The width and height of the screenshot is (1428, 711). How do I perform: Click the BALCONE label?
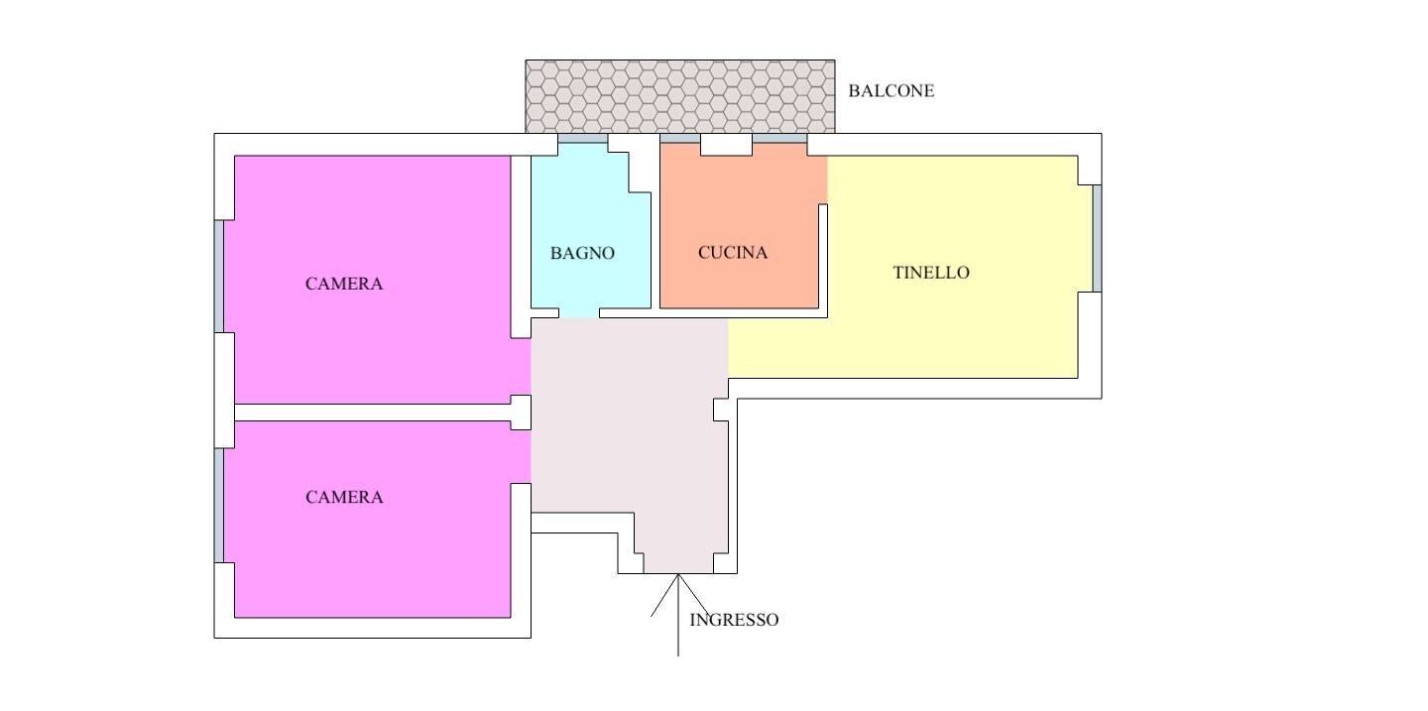tap(892, 91)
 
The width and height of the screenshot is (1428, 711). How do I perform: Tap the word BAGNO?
tap(582, 253)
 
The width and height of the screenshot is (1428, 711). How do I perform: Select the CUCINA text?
tap(733, 253)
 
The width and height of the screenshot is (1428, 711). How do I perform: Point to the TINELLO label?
tap(931, 273)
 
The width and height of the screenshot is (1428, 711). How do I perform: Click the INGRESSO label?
tap(734, 620)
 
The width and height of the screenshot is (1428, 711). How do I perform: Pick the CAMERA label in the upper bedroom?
tap(344, 284)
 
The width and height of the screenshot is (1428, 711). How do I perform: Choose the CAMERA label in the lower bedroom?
tap(344, 498)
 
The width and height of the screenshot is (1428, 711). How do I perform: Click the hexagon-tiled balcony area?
tap(680, 96)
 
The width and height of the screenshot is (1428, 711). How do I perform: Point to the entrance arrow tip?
tap(678, 574)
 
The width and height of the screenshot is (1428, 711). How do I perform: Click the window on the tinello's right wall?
tap(1097, 239)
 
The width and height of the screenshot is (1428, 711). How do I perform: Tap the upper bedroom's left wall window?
tap(218, 276)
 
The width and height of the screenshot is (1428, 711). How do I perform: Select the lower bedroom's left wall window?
tap(218, 506)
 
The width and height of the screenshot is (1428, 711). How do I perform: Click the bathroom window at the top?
tap(583, 139)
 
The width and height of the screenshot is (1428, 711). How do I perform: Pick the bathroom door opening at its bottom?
tap(579, 313)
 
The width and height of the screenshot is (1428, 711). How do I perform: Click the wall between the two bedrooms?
tap(373, 413)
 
